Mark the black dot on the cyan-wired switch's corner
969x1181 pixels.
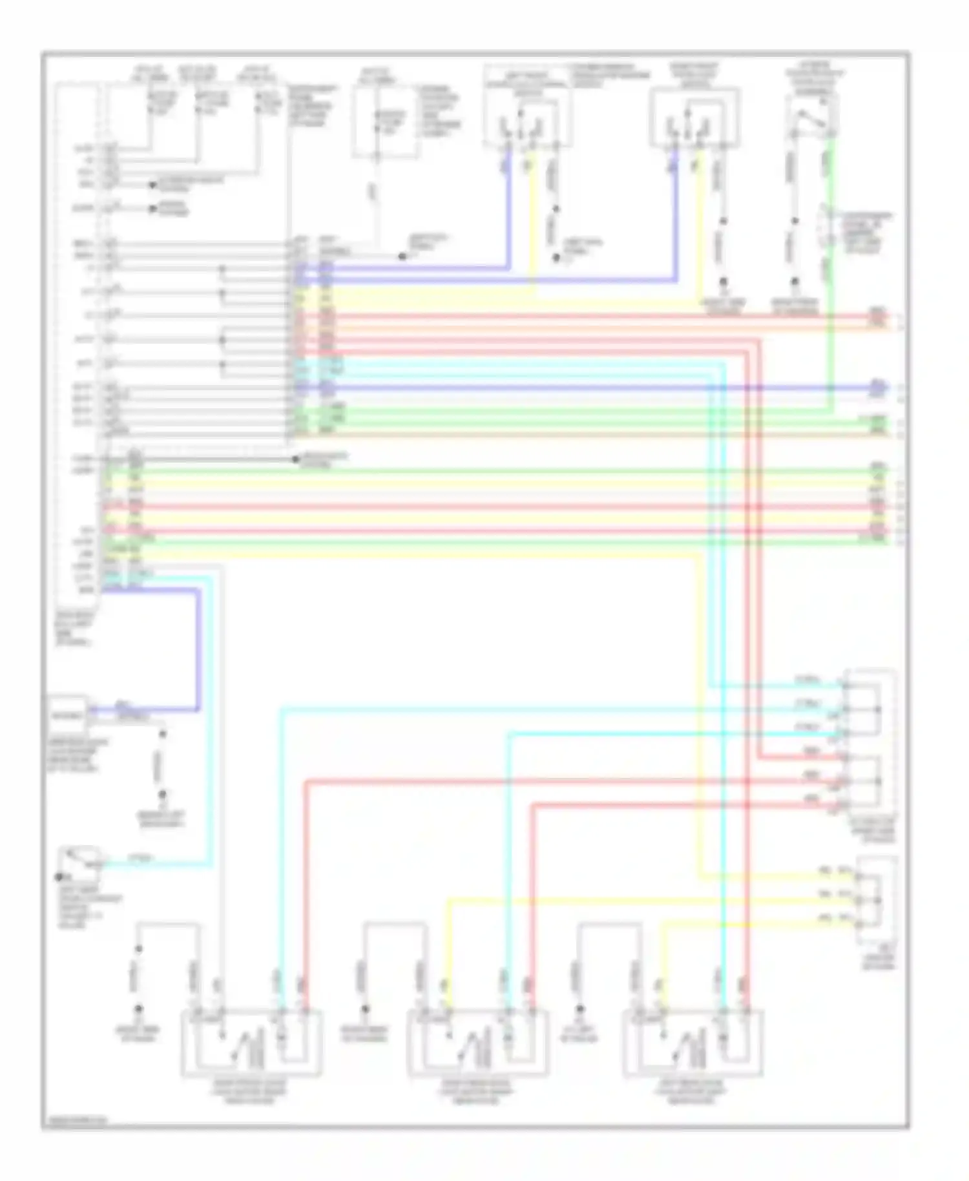click(59, 877)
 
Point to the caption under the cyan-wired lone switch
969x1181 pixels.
click(87, 908)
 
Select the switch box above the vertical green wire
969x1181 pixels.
click(811, 116)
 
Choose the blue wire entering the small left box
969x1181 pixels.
click(149, 709)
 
